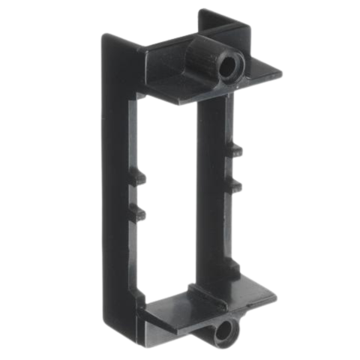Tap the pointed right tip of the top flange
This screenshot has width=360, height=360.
[x=281, y=73]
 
